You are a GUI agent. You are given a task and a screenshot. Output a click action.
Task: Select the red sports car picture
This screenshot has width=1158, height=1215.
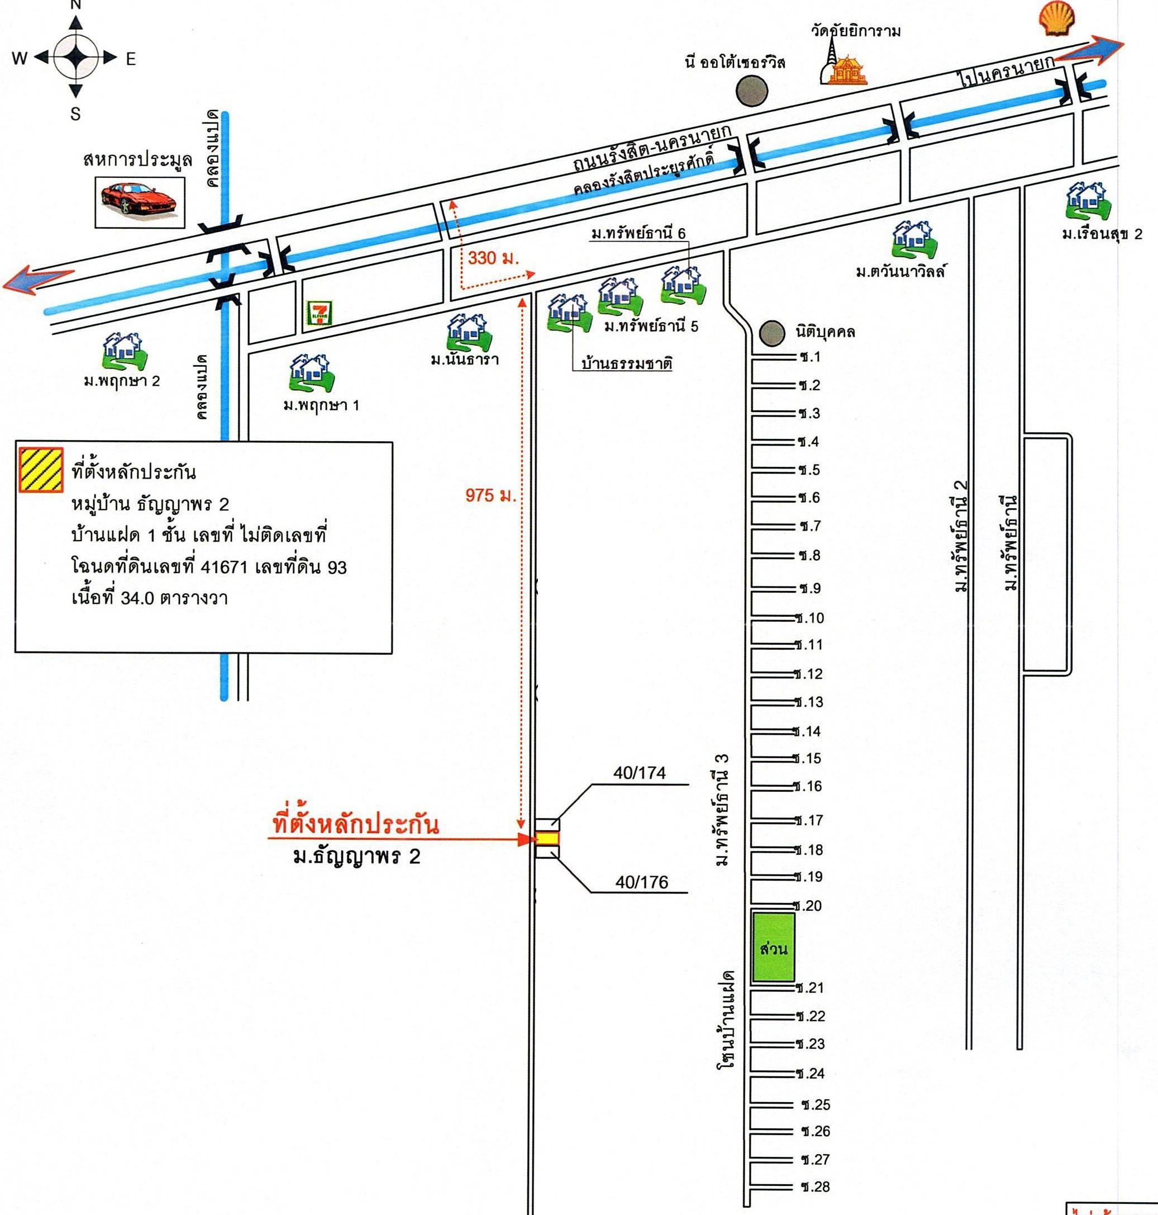pos(140,201)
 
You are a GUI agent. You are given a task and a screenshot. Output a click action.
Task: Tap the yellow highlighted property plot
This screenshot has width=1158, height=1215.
pos(546,838)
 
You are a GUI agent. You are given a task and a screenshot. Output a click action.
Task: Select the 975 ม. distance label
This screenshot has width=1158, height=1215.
pos(490,495)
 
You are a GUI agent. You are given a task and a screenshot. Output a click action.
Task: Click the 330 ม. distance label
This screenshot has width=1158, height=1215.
pos(493,258)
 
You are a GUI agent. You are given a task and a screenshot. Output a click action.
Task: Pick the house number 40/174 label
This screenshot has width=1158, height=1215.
pos(640,773)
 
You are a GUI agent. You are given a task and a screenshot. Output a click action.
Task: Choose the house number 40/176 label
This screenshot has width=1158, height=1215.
pos(641,882)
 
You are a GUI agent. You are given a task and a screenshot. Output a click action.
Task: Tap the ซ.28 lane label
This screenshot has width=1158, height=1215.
pos(816,1186)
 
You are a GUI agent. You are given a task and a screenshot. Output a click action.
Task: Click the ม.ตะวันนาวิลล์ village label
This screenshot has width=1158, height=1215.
pos(900,271)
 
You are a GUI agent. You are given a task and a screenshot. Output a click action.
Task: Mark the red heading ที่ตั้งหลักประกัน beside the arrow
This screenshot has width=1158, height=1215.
pos(355,824)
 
